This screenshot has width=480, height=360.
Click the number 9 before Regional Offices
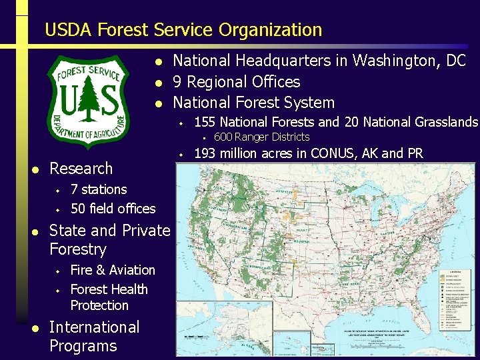(x=178, y=82)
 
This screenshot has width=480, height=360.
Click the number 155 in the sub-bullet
(x=204, y=122)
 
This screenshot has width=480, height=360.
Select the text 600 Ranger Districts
(x=261, y=137)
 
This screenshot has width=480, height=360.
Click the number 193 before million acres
(x=204, y=153)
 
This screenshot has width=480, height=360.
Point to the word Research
(x=81, y=168)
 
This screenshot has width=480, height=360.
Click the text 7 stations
(x=99, y=189)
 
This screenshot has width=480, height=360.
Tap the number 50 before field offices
(x=78, y=209)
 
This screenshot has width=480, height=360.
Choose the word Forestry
(x=78, y=249)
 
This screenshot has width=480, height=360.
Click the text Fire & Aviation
(x=113, y=270)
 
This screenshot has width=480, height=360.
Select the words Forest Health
(x=109, y=289)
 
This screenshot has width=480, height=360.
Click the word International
(x=95, y=327)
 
